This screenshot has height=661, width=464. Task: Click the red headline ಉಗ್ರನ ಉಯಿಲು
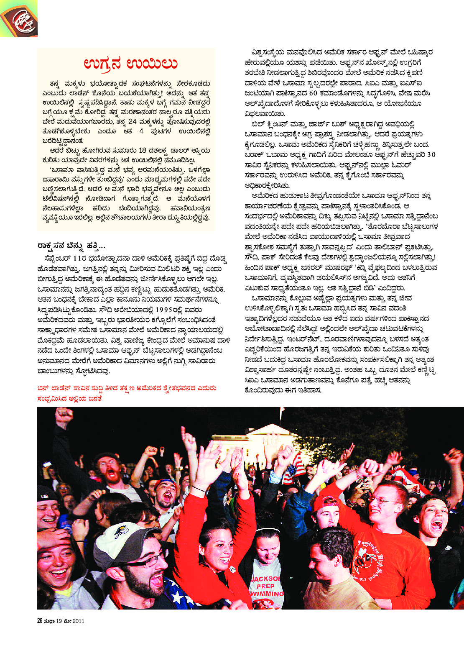[130, 63]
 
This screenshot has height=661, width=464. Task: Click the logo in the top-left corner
[18, 18]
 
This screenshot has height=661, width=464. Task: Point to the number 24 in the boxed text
[133, 122]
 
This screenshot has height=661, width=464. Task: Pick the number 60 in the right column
[313, 93]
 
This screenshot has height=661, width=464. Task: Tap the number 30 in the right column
[431, 155]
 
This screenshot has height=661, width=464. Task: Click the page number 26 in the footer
[40, 621]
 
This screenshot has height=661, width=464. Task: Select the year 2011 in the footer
[78, 621]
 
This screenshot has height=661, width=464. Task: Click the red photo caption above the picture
[126, 393]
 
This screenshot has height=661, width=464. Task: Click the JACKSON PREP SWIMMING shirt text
[266, 586]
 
